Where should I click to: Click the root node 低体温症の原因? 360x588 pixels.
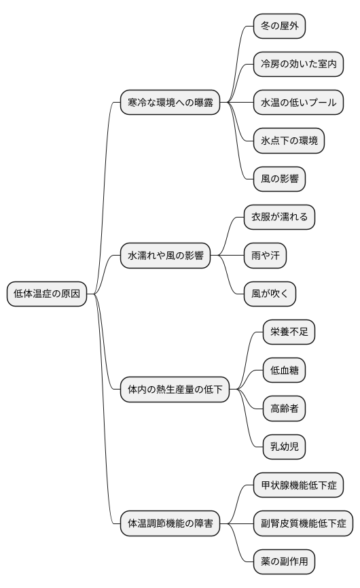(x=47, y=294)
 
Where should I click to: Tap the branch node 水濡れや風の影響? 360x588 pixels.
(x=164, y=256)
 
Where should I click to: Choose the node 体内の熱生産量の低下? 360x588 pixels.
(x=175, y=390)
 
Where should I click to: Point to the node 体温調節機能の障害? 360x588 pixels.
(x=170, y=523)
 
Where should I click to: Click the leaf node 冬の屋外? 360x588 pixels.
(x=278, y=27)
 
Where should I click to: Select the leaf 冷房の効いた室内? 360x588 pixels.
(x=298, y=65)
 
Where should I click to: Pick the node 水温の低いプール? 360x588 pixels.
(x=298, y=103)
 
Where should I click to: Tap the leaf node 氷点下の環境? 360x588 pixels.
(x=288, y=141)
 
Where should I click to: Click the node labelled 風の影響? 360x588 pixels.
(x=278, y=179)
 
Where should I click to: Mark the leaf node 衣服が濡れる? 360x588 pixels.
(x=279, y=218)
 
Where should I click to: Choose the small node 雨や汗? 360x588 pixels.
(x=265, y=256)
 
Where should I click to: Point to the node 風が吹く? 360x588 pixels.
(x=270, y=294)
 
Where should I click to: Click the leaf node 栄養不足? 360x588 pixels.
(x=289, y=332)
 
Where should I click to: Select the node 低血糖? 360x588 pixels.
(x=284, y=370)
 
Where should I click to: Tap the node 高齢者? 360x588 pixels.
(x=284, y=409)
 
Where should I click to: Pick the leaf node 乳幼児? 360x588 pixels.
(x=284, y=447)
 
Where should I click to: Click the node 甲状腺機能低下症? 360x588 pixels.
(x=298, y=485)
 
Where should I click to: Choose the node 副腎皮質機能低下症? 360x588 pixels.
(x=303, y=523)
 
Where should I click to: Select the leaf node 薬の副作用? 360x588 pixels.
(x=284, y=562)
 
